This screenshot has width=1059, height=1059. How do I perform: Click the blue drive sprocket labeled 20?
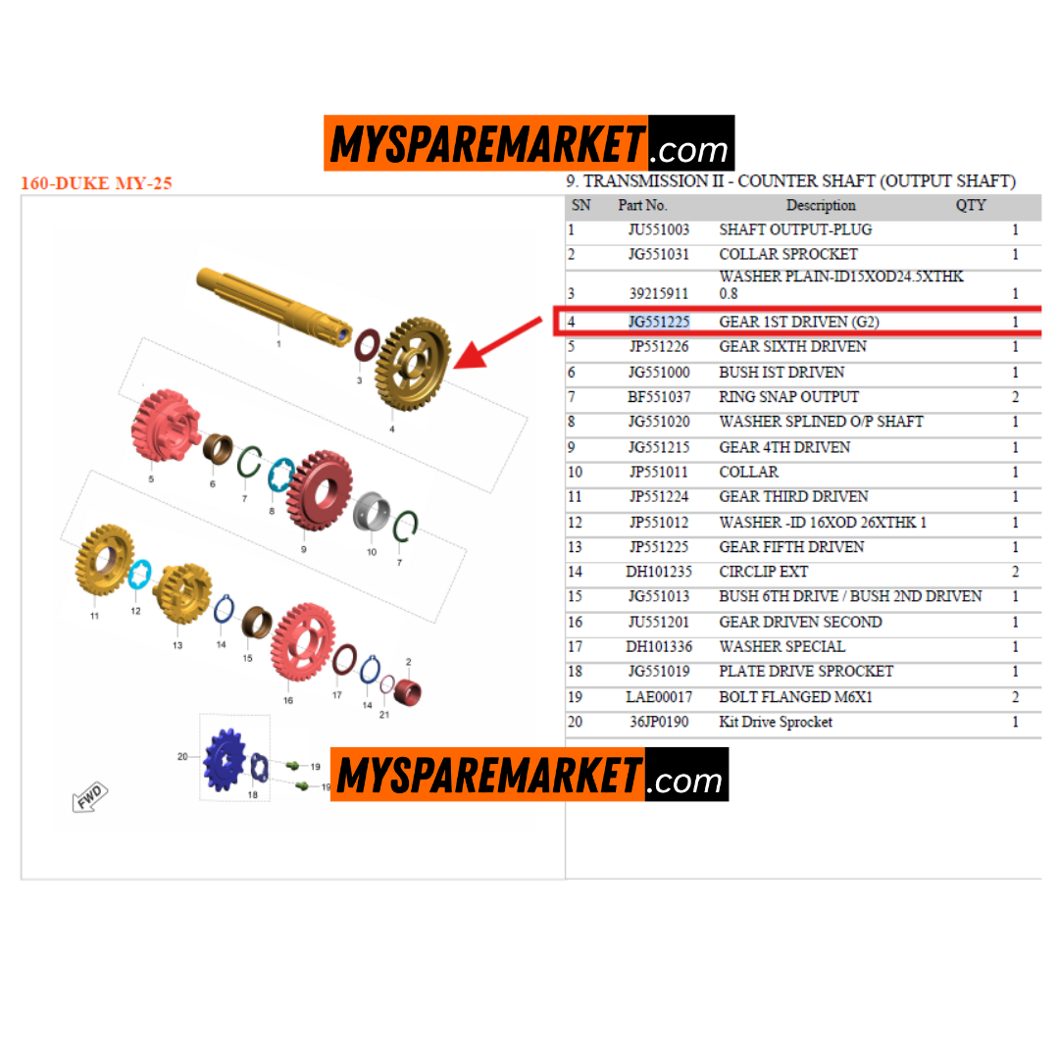tap(225, 760)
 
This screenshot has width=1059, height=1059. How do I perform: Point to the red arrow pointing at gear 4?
tap(497, 343)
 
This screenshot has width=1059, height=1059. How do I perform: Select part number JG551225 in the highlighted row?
tap(659, 322)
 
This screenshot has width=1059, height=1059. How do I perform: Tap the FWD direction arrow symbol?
tap(90, 796)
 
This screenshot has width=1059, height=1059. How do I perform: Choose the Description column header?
tap(821, 205)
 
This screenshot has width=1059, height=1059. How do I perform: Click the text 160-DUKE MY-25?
tap(96, 183)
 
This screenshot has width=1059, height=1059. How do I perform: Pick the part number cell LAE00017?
tap(659, 697)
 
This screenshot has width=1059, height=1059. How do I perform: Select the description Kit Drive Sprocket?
tap(776, 722)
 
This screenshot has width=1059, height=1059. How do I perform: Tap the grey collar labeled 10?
tap(372, 511)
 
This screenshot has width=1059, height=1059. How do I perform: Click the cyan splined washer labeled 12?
tap(140, 575)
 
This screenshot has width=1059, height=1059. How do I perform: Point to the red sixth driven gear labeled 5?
tap(165, 426)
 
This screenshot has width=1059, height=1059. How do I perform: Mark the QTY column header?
tap(971, 205)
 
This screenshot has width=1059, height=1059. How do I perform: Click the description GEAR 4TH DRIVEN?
tap(784, 447)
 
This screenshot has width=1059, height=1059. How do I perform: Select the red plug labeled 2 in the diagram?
tap(407, 692)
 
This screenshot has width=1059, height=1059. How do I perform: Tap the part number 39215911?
tap(659, 294)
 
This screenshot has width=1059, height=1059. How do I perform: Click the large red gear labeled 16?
tap(303, 642)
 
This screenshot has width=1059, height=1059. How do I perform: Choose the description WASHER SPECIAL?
tap(782, 646)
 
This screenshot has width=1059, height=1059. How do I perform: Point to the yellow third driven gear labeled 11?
tap(105, 560)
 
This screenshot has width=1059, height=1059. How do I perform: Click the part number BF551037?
tap(659, 396)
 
